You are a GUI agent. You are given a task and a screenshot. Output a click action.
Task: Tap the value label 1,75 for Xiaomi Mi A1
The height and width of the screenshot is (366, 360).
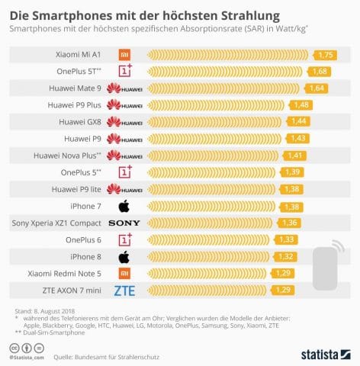326,55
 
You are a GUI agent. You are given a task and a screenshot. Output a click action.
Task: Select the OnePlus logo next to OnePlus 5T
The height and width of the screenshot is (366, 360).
124,72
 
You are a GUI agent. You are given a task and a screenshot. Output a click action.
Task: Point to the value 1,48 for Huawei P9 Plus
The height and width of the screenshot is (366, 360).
300,104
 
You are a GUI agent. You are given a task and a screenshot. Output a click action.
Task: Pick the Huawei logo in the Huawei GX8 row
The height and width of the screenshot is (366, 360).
124,122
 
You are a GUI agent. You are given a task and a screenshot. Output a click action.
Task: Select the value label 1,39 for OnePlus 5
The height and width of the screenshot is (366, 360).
291,172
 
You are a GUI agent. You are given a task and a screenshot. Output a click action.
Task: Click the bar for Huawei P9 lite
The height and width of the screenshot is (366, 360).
214,189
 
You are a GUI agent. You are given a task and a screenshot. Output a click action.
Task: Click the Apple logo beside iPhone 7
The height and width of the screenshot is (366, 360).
124,206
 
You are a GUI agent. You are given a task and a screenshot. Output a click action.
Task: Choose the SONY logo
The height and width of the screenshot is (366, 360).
124,223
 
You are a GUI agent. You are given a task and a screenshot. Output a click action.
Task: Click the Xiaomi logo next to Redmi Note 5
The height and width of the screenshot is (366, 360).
124,273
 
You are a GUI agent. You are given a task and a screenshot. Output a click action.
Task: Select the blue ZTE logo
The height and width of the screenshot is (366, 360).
124,290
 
